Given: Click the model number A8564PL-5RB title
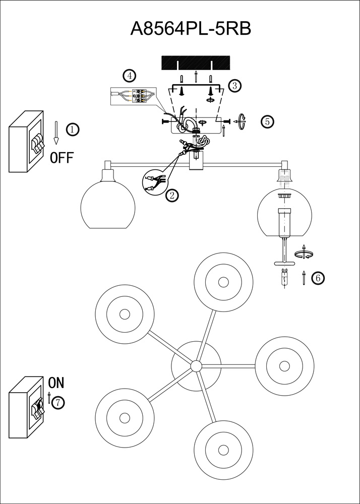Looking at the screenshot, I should pyautogui.click(x=191, y=29).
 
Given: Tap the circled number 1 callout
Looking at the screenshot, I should pyautogui.click(x=73, y=130).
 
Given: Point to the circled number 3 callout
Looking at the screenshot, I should pyautogui.click(x=234, y=86).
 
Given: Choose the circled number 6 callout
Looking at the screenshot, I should pyautogui.click(x=318, y=278).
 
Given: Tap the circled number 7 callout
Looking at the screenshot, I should pyautogui.click(x=59, y=403).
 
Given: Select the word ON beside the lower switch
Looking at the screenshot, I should pyautogui.click(x=56, y=383).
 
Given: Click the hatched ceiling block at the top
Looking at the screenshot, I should pyautogui.click(x=196, y=63).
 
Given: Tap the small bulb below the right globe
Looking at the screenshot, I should pyautogui.click(x=284, y=278).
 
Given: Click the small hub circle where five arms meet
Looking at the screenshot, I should pyautogui.click(x=196, y=366).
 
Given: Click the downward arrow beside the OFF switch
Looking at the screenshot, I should pyautogui.click(x=57, y=132).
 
